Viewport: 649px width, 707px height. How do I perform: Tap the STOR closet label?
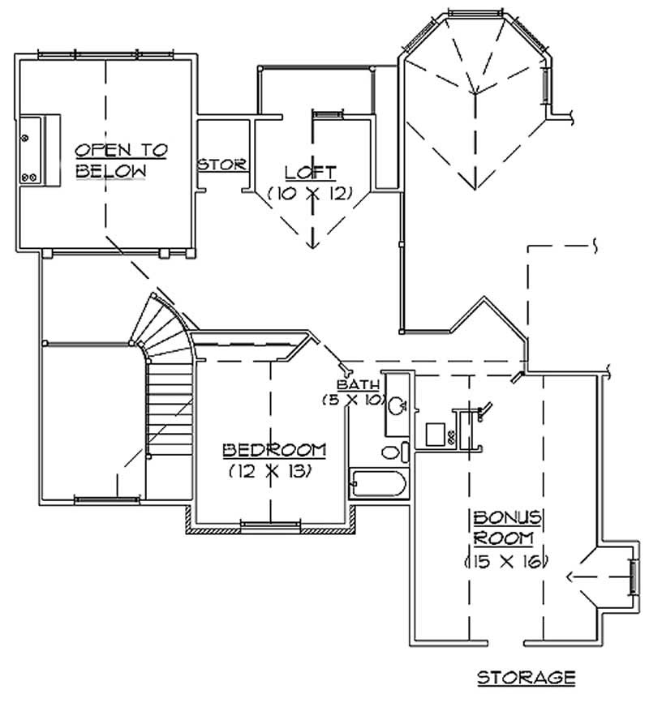[222, 165]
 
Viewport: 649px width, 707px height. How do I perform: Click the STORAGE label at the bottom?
[526, 675]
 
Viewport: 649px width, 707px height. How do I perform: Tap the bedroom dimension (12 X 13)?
[270, 471]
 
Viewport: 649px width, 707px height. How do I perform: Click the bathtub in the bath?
[377, 484]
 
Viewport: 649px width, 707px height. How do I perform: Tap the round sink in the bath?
[398, 405]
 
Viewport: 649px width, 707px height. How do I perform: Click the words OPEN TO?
[122, 150]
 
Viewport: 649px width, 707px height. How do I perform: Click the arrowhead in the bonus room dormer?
[570, 577]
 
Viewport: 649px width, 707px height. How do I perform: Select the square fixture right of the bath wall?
[433, 432]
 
